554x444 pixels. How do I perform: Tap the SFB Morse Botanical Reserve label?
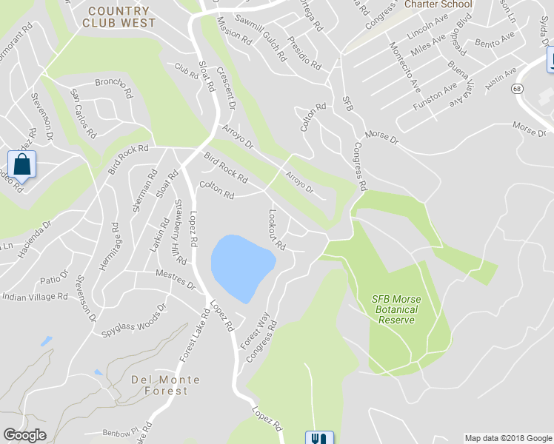pyautogui.click(x=396, y=309)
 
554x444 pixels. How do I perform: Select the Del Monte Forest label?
pyautogui.click(x=165, y=385)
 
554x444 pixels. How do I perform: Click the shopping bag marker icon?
pyautogui.click(x=21, y=166)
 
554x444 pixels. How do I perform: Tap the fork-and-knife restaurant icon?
pyautogui.click(x=320, y=438)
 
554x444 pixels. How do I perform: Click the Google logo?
pyautogui.click(x=24, y=435)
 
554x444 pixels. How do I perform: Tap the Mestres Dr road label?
pyautogui.click(x=175, y=280)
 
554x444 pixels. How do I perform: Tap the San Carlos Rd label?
pyautogui.click(x=82, y=113)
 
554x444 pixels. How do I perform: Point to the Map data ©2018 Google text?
pyautogui.click(x=508, y=438)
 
